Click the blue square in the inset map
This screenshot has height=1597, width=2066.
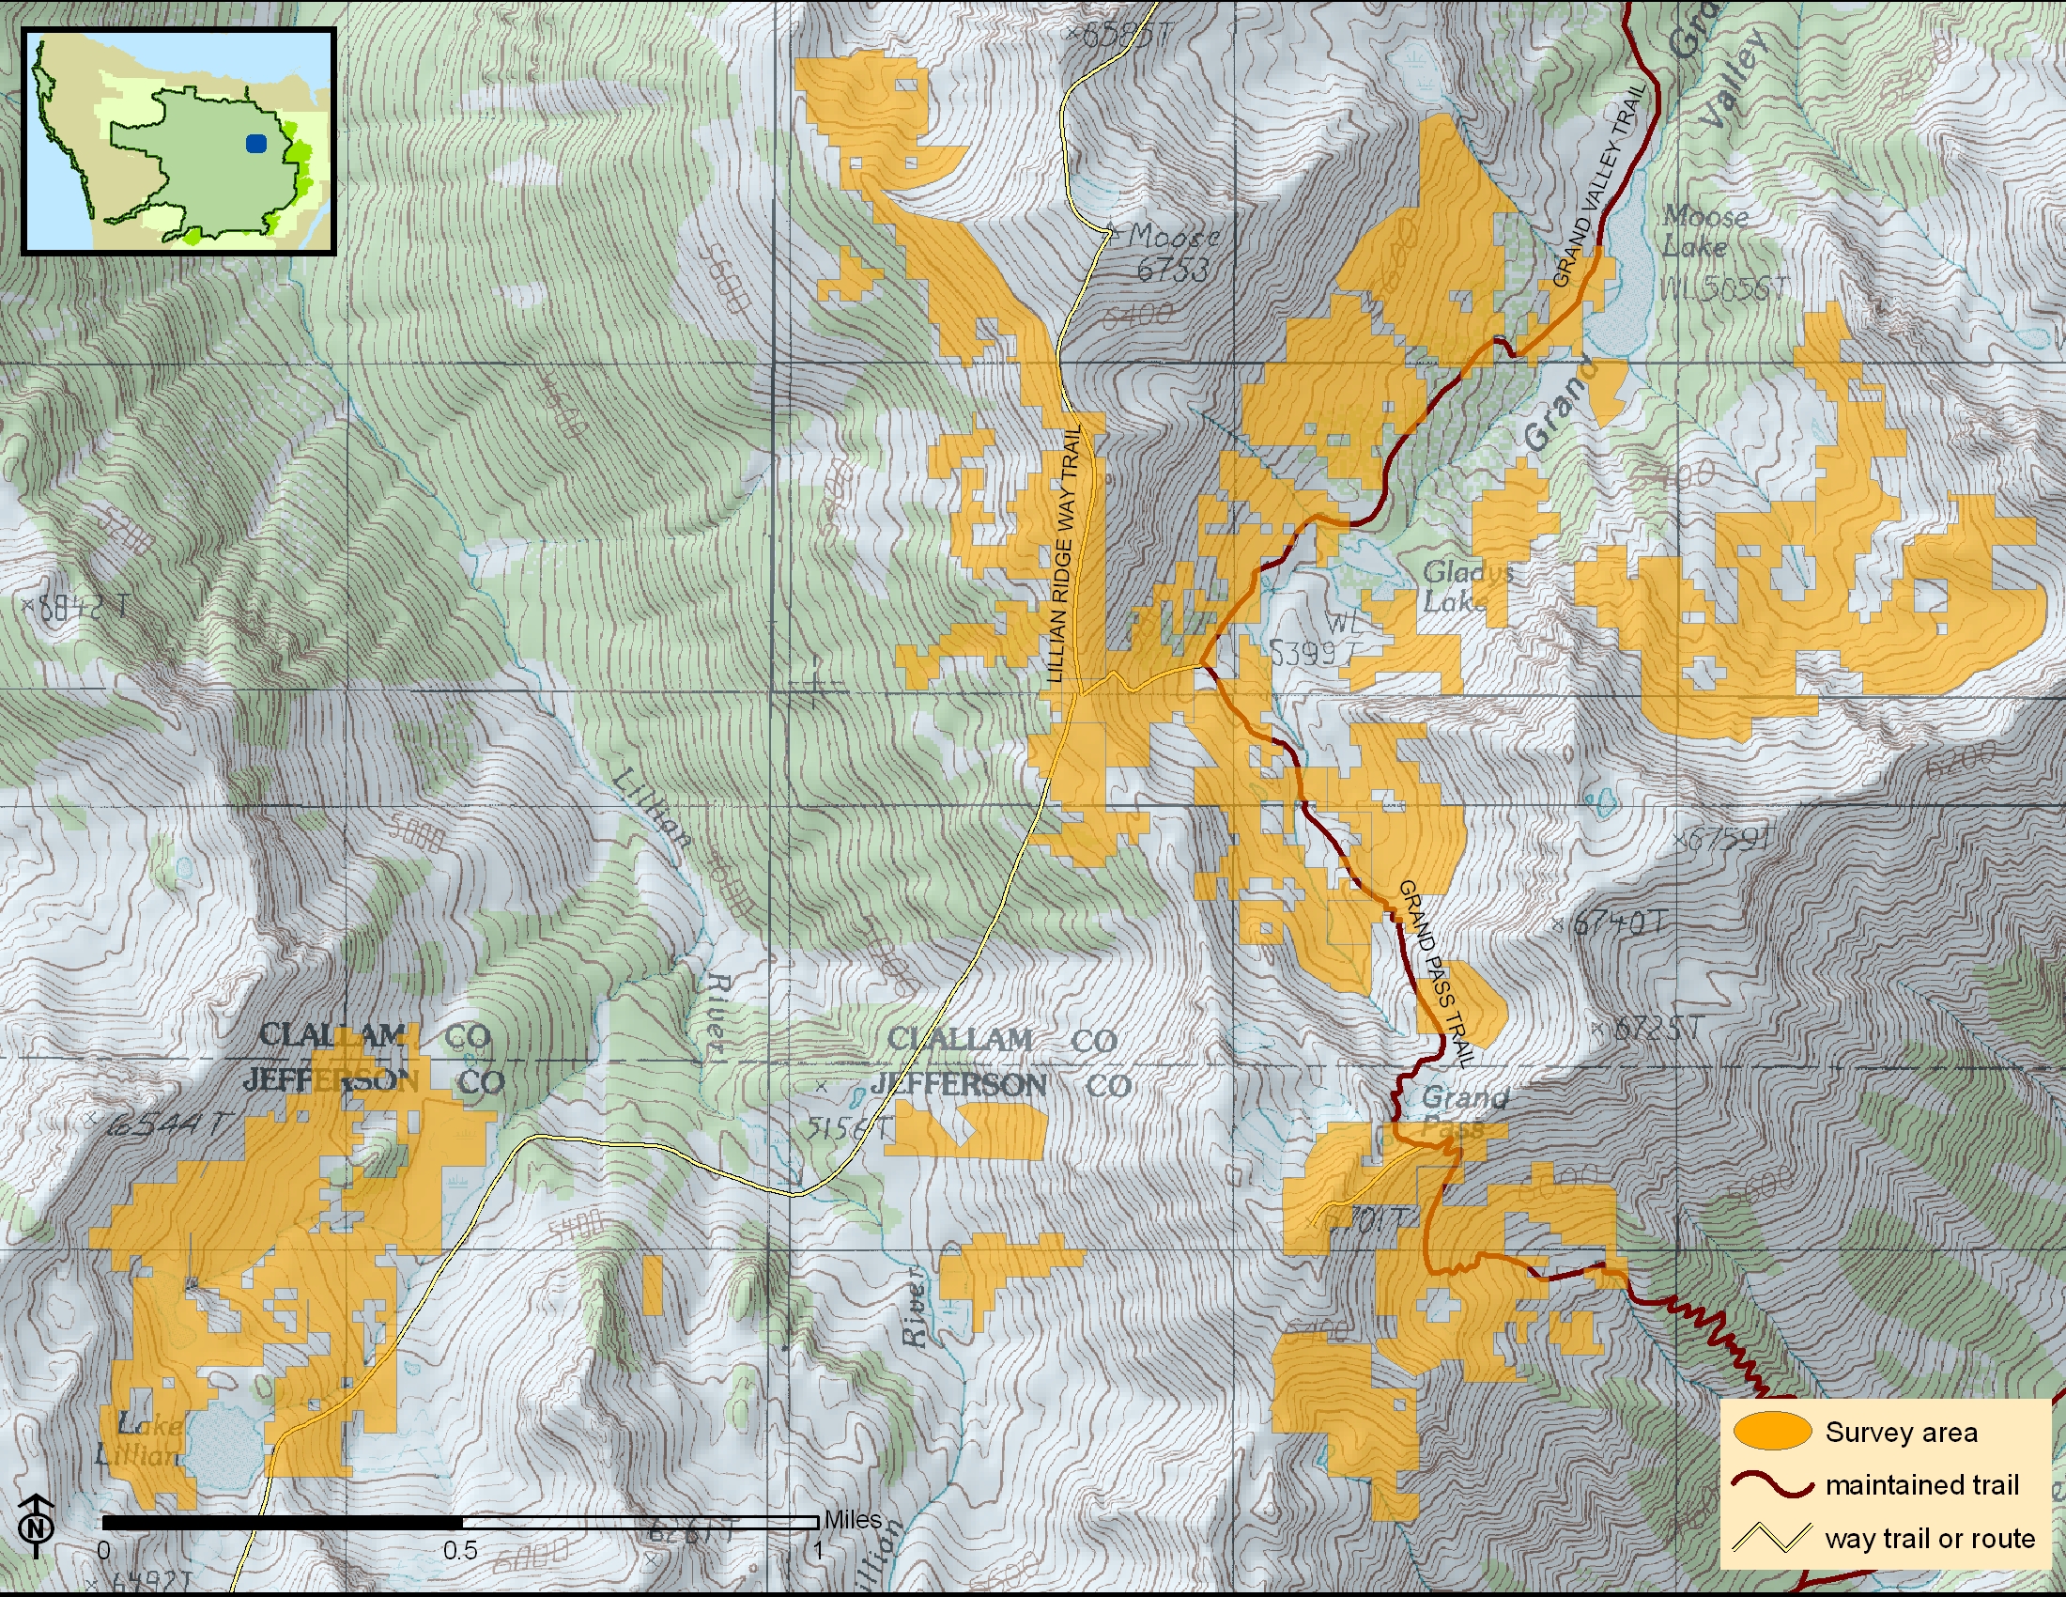(255, 144)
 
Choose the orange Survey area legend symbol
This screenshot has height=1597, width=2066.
(1772, 1432)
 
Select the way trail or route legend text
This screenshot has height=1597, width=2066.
(1930, 1539)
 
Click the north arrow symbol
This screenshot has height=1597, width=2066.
(36, 1525)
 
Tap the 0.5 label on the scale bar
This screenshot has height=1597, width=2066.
(460, 1551)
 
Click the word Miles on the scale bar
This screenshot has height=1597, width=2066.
(853, 1519)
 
